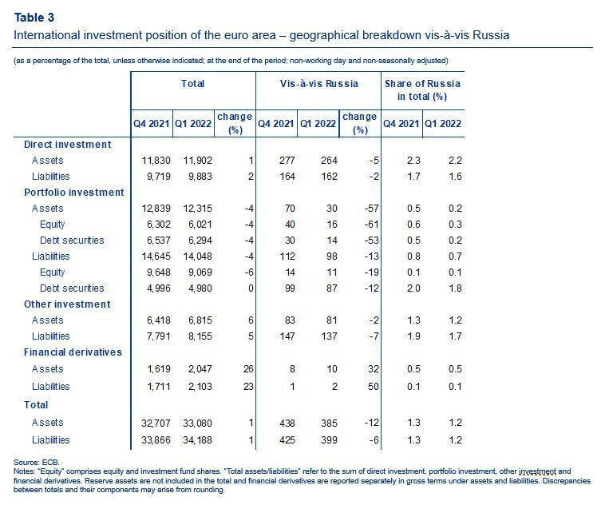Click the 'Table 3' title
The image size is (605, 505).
tap(34, 18)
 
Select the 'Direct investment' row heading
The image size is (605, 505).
tap(68, 145)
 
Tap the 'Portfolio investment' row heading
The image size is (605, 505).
tap(74, 193)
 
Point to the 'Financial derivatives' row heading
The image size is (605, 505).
tap(73, 352)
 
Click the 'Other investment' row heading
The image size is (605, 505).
tap(67, 304)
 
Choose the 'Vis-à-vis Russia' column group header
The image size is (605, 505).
tap(319, 84)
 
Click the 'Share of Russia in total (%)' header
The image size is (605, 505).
tap(422, 90)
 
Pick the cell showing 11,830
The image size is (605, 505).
tap(156, 161)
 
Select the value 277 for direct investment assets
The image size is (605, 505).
tap(287, 161)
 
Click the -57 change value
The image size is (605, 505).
tap(372, 209)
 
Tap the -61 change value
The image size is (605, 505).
tap(372, 225)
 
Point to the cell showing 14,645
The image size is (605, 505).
tap(156, 256)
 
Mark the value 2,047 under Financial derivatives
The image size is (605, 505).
tap(200, 369)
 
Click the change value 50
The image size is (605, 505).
tap(374, 387)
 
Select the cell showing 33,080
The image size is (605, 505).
tap(198, 423)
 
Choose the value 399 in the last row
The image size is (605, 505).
tap(329, 440)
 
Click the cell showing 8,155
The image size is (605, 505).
tap(200, 336)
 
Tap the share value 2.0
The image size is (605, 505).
tap(413, 288)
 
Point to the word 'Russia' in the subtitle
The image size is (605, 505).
tap(491, 35)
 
